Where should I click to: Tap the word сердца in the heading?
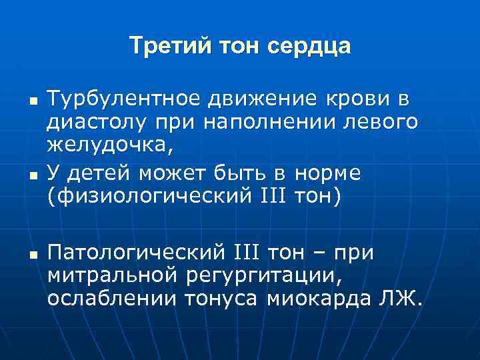click(309, 46)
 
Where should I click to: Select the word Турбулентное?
click(124, 100)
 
